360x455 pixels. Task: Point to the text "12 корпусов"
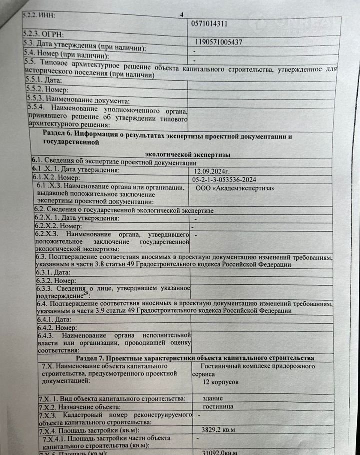(221, 381)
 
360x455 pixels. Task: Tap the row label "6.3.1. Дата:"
(49, 273)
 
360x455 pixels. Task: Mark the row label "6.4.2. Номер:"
(52, 328)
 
